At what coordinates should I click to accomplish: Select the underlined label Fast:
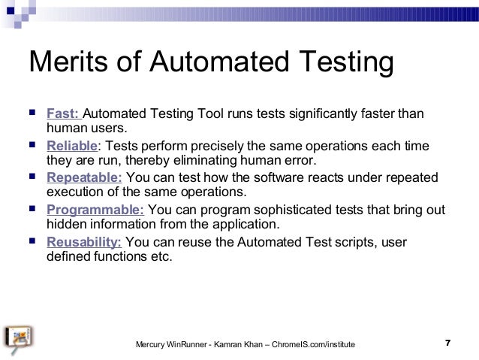pyautogui.click(x=64, y=114)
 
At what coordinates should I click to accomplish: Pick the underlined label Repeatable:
pyautogui.click(x=84, y=178)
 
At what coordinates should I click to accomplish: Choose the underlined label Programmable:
pyautogui.click(x=95, y=210)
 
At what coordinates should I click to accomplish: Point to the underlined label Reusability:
pyautogui.click(x=84, y=242)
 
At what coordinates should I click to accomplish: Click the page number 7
pyautogui.click(x=447, y=343)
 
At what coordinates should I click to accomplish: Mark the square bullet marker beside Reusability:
pyautogui.click(x=32, y=242)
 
